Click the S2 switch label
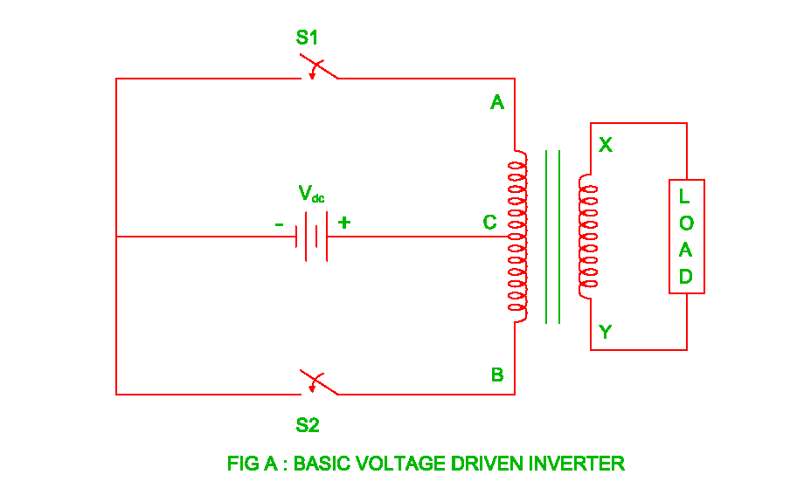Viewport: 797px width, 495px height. coord(308,426)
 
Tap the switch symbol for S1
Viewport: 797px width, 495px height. coord(318,69)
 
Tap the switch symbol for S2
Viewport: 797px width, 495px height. coord(318,384)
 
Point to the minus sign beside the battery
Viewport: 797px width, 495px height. coord(279,224)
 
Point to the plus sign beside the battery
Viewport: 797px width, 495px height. coord(344,223)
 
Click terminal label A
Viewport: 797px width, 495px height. coord(497,103)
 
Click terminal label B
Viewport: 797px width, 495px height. coord(497,375)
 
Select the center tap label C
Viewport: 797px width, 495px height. coord(490,223)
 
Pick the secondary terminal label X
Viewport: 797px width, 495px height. coord(605,145)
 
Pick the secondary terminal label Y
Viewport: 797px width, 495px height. coord(605,332)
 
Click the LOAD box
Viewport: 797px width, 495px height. coord(686,237)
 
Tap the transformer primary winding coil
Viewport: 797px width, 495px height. coord(518,236)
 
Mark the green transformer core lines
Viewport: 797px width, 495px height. coord(552,236)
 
